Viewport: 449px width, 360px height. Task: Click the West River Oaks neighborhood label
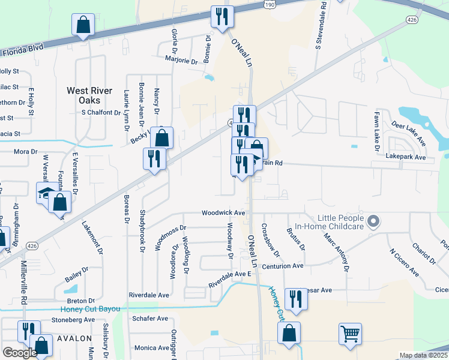click(89, 95)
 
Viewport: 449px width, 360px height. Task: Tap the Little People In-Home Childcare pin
click(373, 222)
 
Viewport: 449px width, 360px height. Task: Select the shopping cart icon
click(351, 333)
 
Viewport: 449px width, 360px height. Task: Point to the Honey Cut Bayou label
click(91, 309)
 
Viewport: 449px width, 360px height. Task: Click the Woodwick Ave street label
click(223, 213)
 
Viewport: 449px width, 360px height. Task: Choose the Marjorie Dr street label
click(181, 61)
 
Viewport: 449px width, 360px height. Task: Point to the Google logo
click(20, 353)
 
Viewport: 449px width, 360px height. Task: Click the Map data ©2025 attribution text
click(423, 355)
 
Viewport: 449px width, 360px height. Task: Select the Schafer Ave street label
click(150, 319)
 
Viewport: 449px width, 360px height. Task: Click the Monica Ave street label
click(152, 348)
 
